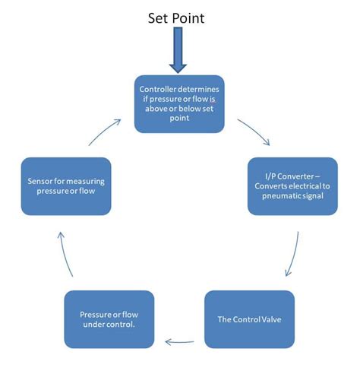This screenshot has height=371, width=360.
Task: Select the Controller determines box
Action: (180, 103)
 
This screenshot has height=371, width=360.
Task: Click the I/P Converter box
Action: (292, 186)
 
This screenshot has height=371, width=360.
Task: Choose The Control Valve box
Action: (249, 319)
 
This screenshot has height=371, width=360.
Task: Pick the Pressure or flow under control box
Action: (109, 319)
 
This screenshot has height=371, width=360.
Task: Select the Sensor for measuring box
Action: (66, 186)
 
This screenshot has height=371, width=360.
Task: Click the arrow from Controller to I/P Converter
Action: (254, 131)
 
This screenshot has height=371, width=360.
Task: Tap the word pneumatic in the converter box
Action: (279, 197)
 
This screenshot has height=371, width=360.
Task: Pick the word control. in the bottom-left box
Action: (125, 324)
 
